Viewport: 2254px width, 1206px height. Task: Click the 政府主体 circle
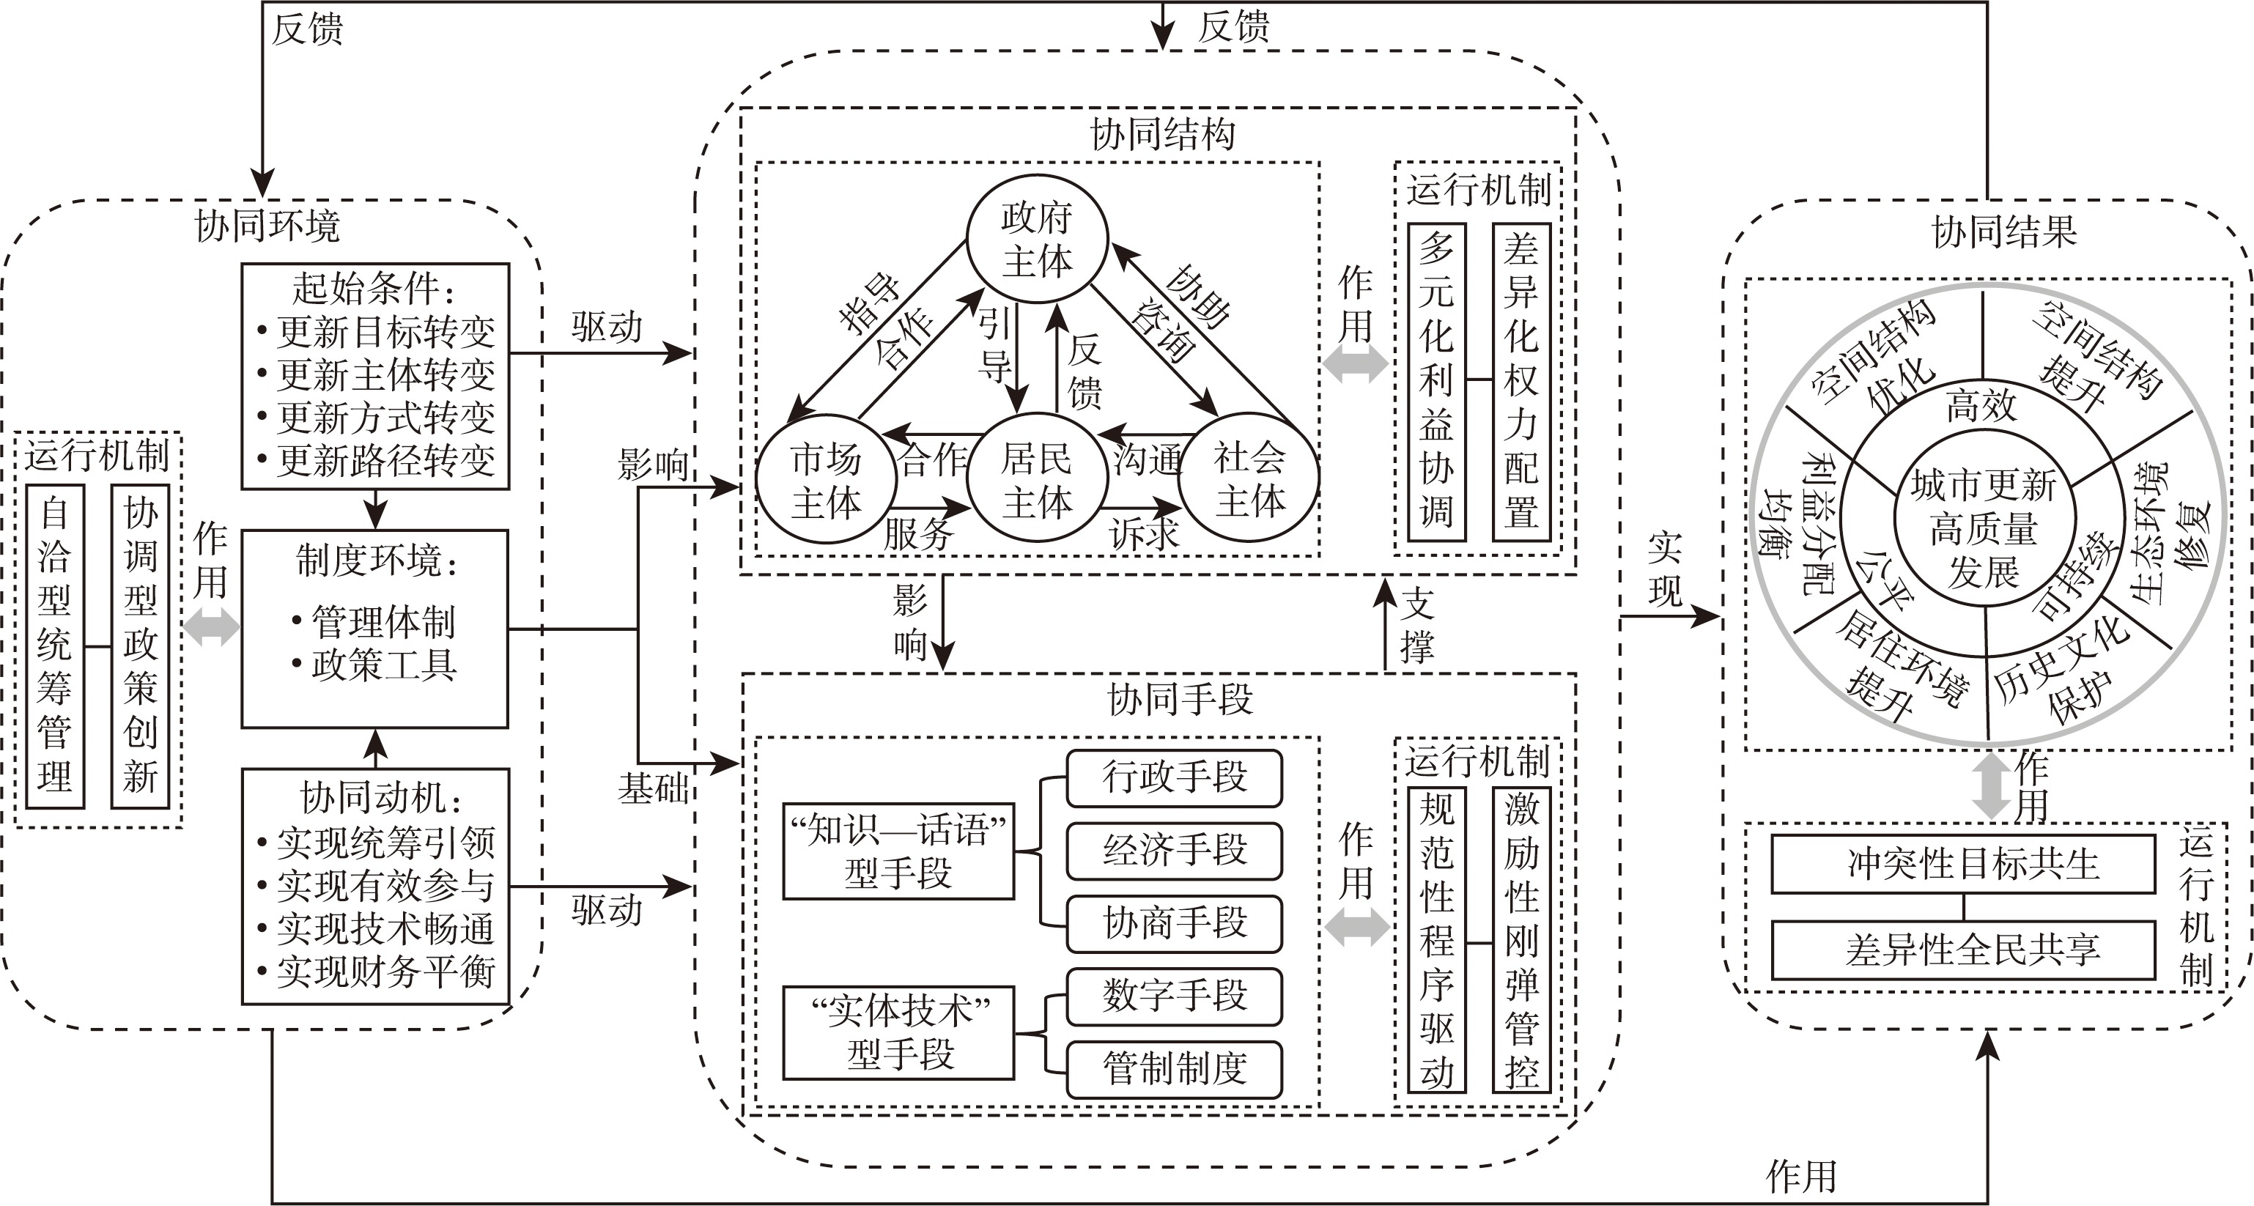(1037, 239)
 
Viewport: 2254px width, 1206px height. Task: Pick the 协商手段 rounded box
(1174, 923)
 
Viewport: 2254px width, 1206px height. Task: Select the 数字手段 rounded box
(1174, 996)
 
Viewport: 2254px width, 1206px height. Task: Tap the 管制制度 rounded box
(1174, 1068)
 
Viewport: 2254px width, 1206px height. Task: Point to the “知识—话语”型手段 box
(898, 851)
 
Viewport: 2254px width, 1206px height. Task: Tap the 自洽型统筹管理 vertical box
(55, 646)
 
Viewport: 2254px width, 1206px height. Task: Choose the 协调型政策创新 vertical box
(140, 646)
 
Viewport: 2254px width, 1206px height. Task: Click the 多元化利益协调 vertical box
(1436, 382)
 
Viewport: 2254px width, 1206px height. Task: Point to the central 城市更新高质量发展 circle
(1984, 528)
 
